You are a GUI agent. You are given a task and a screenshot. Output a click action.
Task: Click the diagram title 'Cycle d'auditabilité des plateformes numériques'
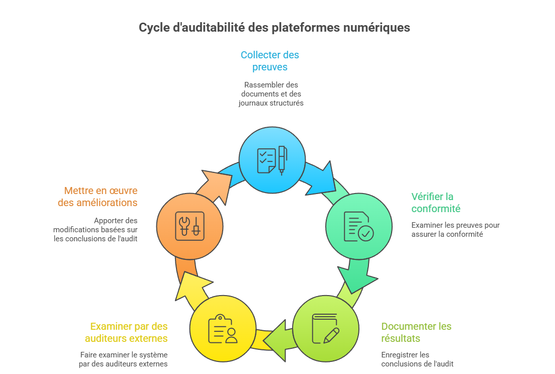pos(274,28)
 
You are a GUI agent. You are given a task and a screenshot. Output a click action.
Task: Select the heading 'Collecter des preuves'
pos(270,61)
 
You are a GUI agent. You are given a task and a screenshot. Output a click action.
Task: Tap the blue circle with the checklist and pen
pos(272,160)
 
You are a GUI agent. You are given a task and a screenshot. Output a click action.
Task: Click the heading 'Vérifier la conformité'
pos(435,202)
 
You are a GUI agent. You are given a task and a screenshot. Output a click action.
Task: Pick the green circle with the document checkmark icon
pos(359,226)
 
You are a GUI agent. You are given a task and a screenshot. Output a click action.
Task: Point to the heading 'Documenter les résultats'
pos(416,332)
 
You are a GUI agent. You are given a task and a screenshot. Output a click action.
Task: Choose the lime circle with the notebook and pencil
pos(326,328)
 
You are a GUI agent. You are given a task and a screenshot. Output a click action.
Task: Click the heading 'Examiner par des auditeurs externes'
pos(126,332)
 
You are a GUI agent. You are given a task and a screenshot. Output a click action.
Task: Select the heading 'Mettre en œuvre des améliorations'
pos(101,197)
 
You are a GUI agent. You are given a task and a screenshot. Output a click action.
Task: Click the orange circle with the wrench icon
pos(190,224)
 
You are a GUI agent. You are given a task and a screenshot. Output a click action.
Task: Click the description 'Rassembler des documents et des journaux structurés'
pos(271,93)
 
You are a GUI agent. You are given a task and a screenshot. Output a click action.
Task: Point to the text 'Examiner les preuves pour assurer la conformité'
pos(455,229)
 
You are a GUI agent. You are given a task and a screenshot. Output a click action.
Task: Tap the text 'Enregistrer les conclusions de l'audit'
pos(417,359)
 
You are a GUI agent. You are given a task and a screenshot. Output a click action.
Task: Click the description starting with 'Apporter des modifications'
pos(96,229)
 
